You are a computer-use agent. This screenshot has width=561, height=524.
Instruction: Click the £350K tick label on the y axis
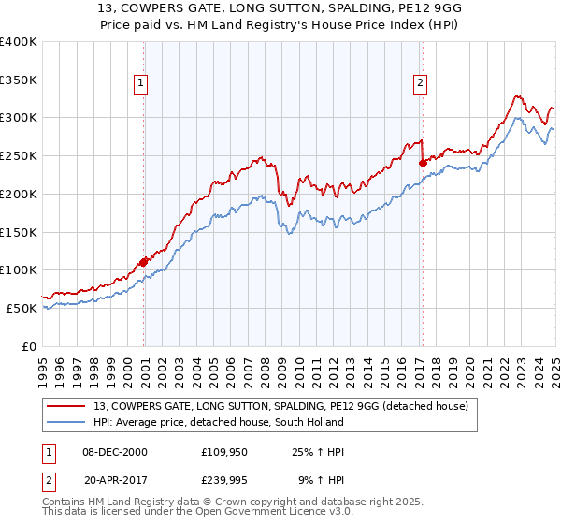(19, 80)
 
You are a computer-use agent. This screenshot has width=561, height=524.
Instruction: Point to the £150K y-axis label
(19, 232)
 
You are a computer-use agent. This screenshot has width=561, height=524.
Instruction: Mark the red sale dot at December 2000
(144, 262)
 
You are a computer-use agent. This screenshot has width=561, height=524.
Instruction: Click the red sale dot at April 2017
(423, 163)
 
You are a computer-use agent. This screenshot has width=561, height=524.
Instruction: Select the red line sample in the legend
(65, 405)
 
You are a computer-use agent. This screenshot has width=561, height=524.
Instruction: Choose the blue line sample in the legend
(65, 421)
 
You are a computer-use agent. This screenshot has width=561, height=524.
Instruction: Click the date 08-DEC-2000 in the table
(115, 452)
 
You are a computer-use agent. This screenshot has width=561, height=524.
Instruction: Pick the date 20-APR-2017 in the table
(115, 478)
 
